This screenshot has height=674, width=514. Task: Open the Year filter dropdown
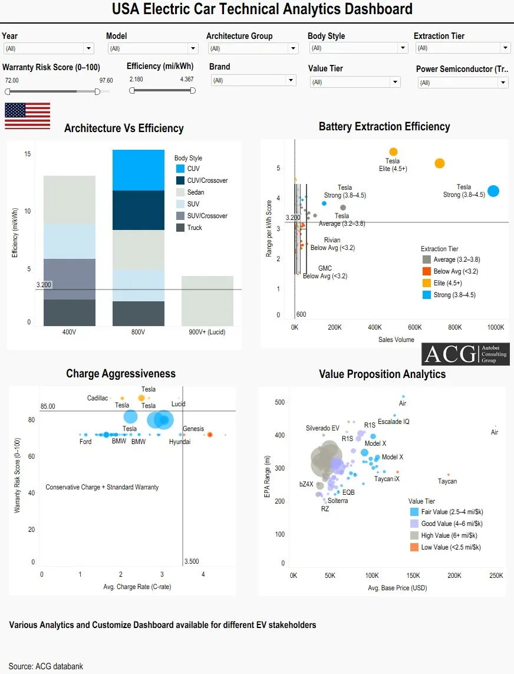[x=48, y=48]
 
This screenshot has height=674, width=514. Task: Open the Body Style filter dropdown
[x=358, y=48]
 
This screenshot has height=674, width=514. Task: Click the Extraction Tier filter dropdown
[x=463, y=48]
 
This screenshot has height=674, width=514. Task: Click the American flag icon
[x=28, y=116]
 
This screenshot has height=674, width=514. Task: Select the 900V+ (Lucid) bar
[x=207, y=301]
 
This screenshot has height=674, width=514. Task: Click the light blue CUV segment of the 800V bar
[x=139, y=170]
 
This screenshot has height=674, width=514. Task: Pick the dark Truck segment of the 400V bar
[x=69, y=313]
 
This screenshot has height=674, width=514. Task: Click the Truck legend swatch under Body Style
[x=180, y=228]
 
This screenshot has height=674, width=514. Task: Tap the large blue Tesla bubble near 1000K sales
[x=493, y=191]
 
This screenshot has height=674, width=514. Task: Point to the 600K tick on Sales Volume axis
[x=415, y=327]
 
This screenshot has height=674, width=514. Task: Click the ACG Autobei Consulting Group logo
[x=466, y=354]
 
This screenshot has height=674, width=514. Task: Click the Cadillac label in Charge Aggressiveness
[x=98, y=398]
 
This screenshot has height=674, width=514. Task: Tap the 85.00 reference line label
[x=48, y=406]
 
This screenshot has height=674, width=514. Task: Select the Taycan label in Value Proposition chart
[x=447, y=481]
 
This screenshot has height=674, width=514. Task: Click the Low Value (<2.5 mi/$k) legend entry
[x=445, y=547]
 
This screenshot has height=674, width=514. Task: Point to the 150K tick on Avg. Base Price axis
[x=413, y=575]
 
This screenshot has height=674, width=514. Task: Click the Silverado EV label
[x=322, y=428]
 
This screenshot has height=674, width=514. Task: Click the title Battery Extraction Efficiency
[x=384, y=126]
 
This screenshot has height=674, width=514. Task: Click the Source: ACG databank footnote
[x=46, y=666]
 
